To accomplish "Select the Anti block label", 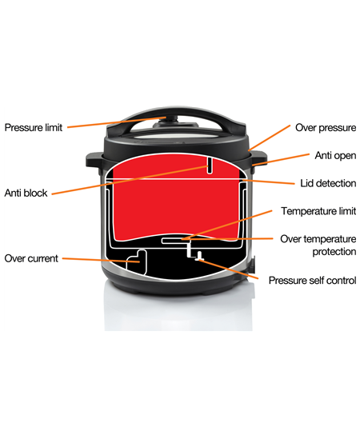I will pyautogui.click(x=25, y=193).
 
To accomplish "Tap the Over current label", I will pyautogui.click(x=30, y=258).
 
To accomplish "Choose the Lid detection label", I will pyautogui.click(x=327, y=183).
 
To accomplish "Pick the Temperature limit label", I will pyautogui.click(x=317, y=212).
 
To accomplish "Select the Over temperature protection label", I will pyautogui.click(x=318, y=245).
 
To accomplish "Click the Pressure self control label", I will pyautogui.click(x=312, y=281).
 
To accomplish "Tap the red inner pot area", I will pyautogui.click(x=160, y=200).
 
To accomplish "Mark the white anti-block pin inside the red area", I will pyautogui.click(x=208, y=166).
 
